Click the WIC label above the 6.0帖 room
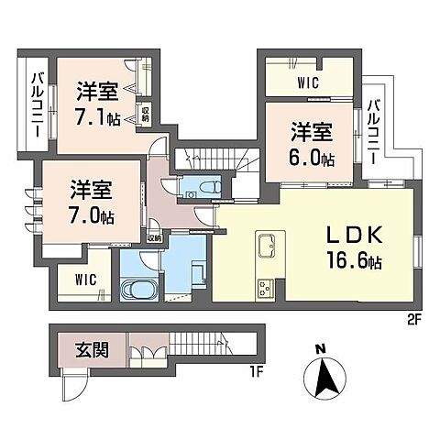(307, 81)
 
